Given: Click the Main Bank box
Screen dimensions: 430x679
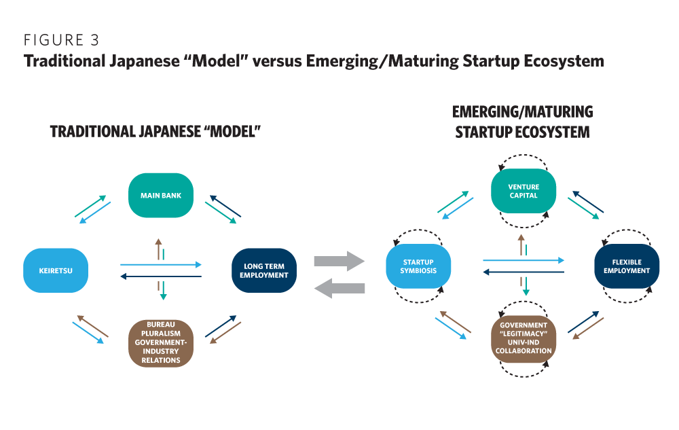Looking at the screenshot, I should coord(161,196).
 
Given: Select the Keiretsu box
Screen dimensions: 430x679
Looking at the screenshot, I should coord(56,270).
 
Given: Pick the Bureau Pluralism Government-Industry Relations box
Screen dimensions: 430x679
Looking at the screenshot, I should coord(161,342).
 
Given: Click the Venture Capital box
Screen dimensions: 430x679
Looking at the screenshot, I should coord(524,191).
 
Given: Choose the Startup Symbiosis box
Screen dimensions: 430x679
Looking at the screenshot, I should coord(418,266).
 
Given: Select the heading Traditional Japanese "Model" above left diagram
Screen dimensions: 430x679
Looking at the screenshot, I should coord(155,132).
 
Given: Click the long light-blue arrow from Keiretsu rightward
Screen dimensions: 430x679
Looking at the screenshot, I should coord(161,264).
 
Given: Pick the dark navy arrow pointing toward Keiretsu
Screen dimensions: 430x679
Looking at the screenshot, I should coord(161,276).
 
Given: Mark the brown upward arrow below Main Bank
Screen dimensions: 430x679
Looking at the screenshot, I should coord(158,249).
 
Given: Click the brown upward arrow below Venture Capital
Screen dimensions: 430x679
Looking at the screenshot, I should coord(521,245).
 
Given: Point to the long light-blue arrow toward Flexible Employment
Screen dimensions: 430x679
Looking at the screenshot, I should coord(524,259).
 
